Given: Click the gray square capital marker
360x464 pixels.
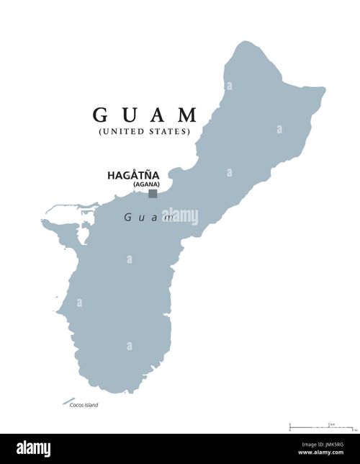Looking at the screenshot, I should (x=153, y=193).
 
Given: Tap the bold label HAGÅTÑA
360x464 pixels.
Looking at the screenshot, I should (x=133, y=175).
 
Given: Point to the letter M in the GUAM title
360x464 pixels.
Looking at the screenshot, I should (x=188, y=115).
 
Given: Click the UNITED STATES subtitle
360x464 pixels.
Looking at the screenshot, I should (x=144, y=131).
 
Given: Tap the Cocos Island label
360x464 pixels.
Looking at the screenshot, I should (x=84, y=405).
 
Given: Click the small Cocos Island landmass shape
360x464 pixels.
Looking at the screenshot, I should (x=68, y=401).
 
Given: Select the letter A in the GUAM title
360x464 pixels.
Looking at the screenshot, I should (x=157, y=115).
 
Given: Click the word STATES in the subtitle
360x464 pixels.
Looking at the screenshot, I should (x=168, y=131).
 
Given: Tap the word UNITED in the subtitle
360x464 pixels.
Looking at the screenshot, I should (x=122, y=131).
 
